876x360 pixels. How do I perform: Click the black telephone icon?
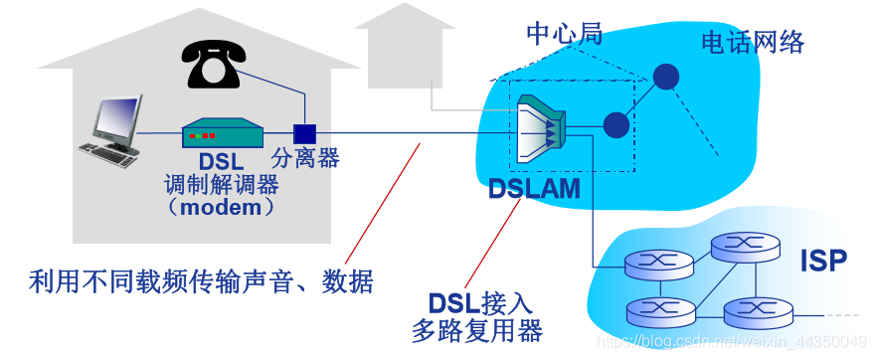pos(214,66)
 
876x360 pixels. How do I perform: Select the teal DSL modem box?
pos(221,133)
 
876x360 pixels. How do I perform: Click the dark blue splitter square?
pos(304,132)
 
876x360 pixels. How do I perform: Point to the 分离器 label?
pos(305,158)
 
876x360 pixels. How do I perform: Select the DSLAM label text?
pos(534,188)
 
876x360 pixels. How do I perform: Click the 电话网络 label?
pos(753,42)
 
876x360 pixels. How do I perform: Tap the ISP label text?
pos(823,262)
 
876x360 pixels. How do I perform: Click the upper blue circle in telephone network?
pos(664,77)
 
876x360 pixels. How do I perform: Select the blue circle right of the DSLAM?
pos(616,124)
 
